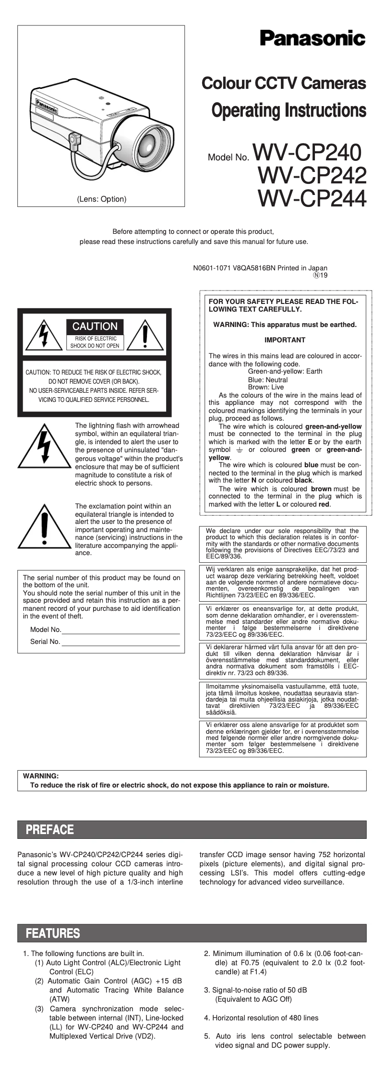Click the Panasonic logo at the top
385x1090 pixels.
click(x=313, y=38)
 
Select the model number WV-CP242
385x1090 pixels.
click(x=312, y=175)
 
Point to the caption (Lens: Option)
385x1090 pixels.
click(x=102, y=199)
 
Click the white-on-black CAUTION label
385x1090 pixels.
click(x=95, y=327)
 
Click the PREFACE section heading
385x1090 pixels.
click(x=50, y=830)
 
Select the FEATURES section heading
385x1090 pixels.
click(x=53, y=933)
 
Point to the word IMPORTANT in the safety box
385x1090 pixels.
click(x=285, y=340)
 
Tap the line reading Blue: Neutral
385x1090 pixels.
click(x=267, y=379)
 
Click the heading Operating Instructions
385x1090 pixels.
click(x=289, y=111)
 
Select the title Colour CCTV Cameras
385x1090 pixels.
click(x=284, y=84)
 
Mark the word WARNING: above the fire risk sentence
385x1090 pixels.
click(x=41, y=775)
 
